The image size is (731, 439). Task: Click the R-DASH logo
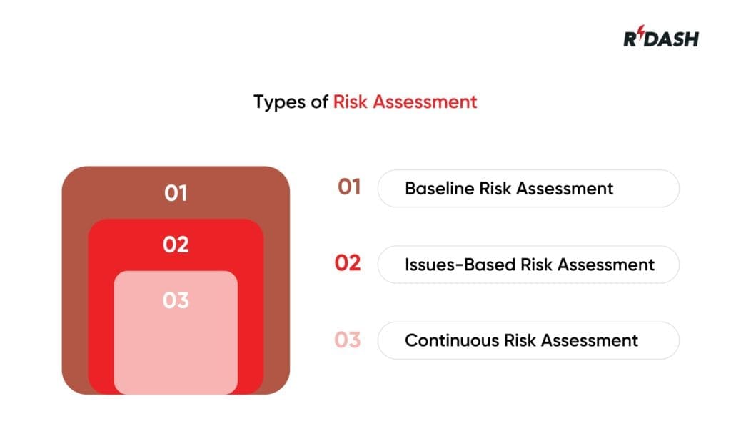[x=660, y=38]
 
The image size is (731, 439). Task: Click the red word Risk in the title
[x=350, y=102]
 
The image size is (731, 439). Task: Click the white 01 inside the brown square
[x=176, y=193]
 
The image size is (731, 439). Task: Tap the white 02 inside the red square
[x=176, y=245]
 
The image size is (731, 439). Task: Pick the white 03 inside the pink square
[x=176, y=300]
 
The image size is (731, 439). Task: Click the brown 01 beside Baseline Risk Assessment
[x=349, y=187]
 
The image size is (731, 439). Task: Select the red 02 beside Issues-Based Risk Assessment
[x=348, y=264]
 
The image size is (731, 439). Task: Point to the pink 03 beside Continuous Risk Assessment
[x=348, y=340]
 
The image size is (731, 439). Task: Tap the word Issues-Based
[x=460, y=265]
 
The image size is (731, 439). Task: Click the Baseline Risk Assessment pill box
[x=528, y=189]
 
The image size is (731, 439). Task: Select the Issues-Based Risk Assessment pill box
[x=528, y=265]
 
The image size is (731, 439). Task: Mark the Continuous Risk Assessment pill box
[x=528, y=340]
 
